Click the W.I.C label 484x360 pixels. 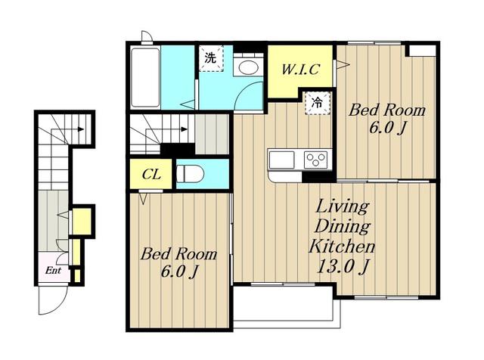coord(300,69)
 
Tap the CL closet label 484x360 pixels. coord(151,175)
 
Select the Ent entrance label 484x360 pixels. coord(53,271)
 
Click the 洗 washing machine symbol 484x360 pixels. coord(211,58)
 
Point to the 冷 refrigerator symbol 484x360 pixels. coord(318,103)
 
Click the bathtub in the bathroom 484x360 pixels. coord(145,77)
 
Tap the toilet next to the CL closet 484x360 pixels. coord(190,175)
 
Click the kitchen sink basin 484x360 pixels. coord(281,160)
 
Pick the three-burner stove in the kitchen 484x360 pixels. coord(315,160)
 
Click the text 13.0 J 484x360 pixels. coord(343,266)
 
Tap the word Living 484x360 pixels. coord(342,206)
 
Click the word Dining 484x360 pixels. coord(342,226)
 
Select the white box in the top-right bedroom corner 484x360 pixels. coord(423,51)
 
